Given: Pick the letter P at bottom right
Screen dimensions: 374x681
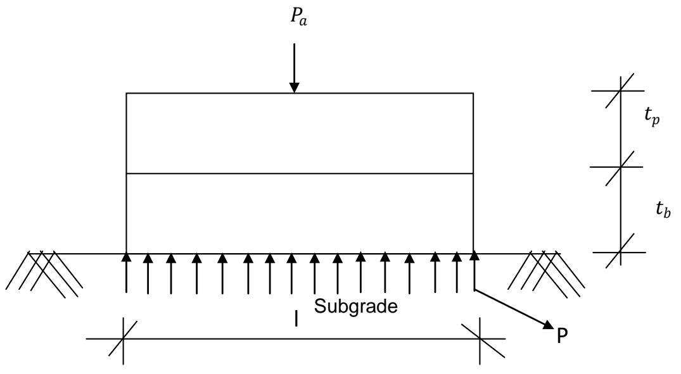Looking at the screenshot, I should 561,335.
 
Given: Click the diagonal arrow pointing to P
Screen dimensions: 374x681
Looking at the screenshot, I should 513,308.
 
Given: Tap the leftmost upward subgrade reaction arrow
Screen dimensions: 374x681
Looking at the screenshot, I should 127,272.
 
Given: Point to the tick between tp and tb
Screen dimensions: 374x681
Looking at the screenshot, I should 620,167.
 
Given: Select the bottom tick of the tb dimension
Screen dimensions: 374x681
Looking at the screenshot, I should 620,253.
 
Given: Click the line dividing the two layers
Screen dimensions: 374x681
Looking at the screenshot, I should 300,173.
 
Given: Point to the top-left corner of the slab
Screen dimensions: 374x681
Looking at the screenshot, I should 127,94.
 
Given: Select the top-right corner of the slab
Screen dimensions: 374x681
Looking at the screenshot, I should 473,94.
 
